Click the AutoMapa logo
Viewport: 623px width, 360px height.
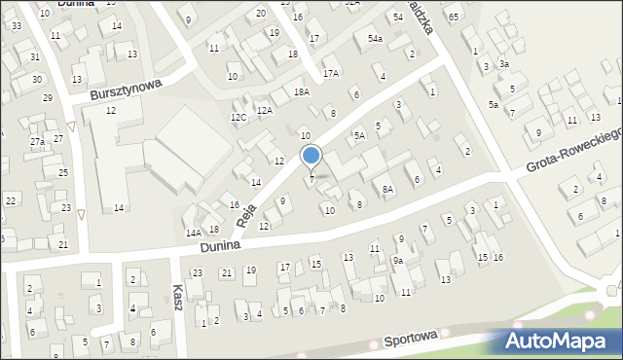559,340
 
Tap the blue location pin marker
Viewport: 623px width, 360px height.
311,157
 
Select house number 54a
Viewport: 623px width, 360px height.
375,39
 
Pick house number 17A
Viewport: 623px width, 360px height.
331,73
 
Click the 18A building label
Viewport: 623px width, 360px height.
302,91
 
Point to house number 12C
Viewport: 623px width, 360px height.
238,117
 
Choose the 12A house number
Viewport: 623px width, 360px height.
265,111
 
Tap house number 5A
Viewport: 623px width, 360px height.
359,135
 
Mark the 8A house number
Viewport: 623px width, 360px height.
387,190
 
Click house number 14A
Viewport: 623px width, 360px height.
194,233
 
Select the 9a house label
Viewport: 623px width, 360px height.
398,261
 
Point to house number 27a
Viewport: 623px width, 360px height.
37,142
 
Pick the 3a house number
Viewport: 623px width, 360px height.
503,64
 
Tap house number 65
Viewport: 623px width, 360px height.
454,18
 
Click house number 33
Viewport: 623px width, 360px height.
17,25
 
